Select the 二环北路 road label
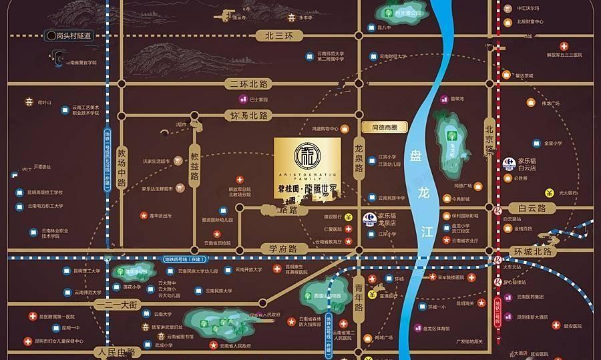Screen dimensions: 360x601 (x=246, y=84)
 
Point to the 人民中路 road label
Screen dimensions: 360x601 (x=115, y=351)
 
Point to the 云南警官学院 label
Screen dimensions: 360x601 (x=82, y=62)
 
